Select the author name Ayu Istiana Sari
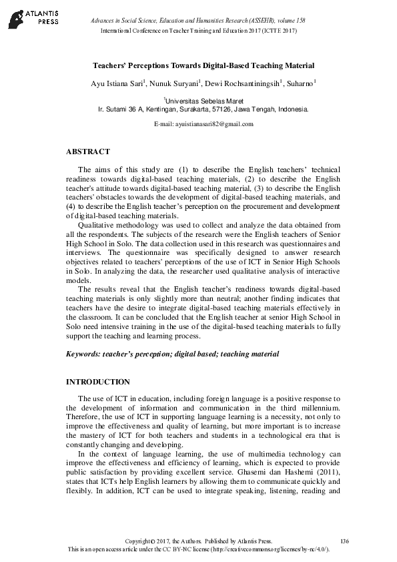tap(116, 83)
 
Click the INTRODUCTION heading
tap(97, 382)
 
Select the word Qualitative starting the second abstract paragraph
tap(95, 225)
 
